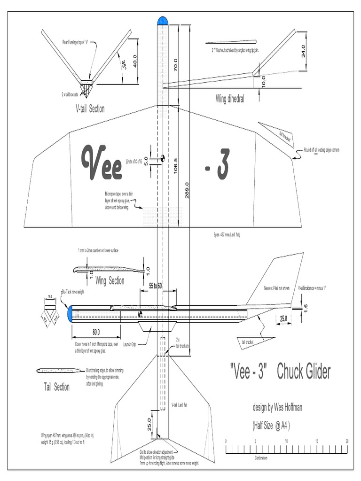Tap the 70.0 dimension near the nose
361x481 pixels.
(175, 65)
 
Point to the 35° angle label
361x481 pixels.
(124, 65)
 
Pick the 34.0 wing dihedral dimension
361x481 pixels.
(303, 51)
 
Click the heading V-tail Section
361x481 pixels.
(90, 109)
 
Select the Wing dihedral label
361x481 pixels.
(229, 99)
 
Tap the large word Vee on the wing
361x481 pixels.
(101, 163)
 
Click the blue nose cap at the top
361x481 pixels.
(163, 20)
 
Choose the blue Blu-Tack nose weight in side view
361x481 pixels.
(71, 314)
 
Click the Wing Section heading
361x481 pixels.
(110, 281)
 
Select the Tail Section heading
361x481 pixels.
(56, 387)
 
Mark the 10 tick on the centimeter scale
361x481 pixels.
(287, 442)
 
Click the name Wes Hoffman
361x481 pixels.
(286, 408)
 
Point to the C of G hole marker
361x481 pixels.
(162, 158)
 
